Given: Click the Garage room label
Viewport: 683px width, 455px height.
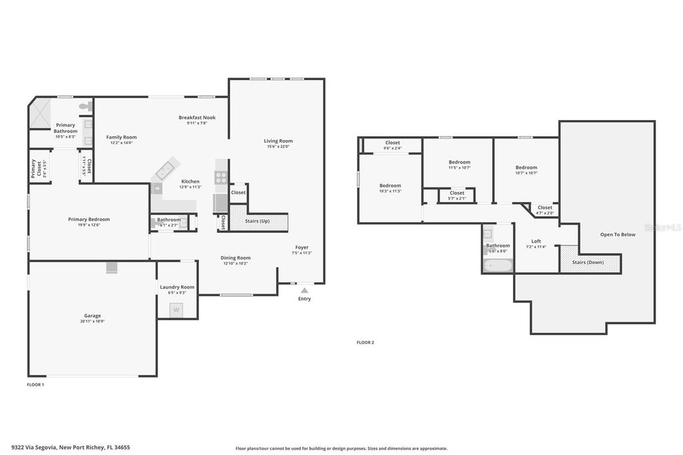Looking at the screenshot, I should [93, 316].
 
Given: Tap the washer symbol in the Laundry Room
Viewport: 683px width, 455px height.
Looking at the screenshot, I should [177, 310].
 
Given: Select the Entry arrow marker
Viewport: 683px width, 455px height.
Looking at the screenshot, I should [304, 290].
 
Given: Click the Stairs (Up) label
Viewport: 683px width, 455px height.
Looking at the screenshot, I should [257, 220].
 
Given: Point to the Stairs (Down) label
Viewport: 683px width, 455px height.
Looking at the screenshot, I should [588, 262].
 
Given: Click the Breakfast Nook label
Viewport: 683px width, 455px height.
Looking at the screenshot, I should [197, 117].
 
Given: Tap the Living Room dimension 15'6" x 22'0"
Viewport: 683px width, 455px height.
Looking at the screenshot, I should [278, 147].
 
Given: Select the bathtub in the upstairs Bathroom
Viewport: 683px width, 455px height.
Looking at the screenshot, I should [498, 266].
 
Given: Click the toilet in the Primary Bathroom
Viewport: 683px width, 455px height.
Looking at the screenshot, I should [85, 106].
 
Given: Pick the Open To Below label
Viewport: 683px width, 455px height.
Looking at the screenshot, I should [618, 234].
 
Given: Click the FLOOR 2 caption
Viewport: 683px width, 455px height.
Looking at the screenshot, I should [366, 342].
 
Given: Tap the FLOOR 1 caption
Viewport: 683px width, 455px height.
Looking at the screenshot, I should [35, 385].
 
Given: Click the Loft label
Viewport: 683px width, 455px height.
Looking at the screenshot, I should [536, 241].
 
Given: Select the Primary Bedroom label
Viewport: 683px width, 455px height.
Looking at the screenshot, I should [89, 219].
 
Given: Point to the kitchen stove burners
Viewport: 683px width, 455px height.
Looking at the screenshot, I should [221, 177].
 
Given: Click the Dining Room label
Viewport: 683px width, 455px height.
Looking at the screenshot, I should [235, 258].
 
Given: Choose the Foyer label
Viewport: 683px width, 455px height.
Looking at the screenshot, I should [301, 247].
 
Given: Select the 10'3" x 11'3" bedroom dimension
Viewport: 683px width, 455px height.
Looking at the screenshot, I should [390, 191].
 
